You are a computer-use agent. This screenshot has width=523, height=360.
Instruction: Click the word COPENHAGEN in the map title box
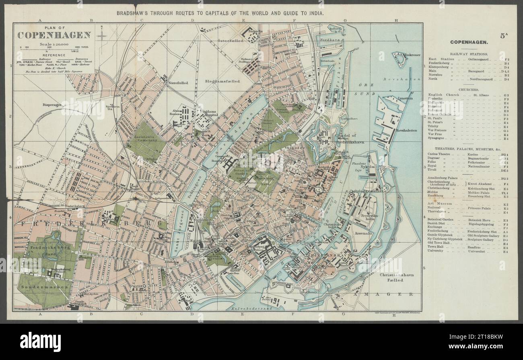coord(54,35)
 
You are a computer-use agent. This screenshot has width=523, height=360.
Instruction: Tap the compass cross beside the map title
coord(102,36)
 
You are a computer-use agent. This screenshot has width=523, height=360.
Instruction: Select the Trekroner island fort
coord(400,59)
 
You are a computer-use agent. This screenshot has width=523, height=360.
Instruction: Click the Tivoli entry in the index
coord(433,170)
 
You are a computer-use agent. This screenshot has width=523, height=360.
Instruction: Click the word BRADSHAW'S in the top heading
coord(133,13)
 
